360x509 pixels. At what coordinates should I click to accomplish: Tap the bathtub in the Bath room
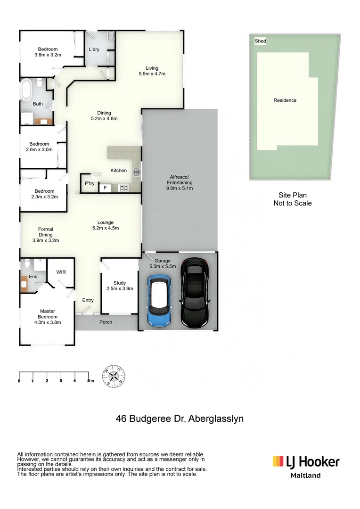pos(27,90)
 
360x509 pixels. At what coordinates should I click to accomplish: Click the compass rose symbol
pos(114,376)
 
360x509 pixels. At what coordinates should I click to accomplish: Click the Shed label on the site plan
pos(260,41)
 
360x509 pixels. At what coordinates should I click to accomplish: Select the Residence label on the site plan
pos(285,100)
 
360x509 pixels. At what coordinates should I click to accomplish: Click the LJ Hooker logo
pos(306,461)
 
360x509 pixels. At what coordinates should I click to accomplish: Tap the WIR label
pos(61,272)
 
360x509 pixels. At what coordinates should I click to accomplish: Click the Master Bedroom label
pos(47,314)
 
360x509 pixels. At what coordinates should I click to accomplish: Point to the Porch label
pos(106,322)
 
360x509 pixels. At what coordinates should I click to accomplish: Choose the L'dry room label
pos(94,49)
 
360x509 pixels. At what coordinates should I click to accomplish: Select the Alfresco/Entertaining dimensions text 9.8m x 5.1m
pos(180,188)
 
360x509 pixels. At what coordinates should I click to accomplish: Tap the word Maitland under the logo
pos(305,475)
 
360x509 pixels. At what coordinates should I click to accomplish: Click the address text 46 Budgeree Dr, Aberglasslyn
pos(180,419)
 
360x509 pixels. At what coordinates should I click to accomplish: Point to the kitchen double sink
pos(136,172)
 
